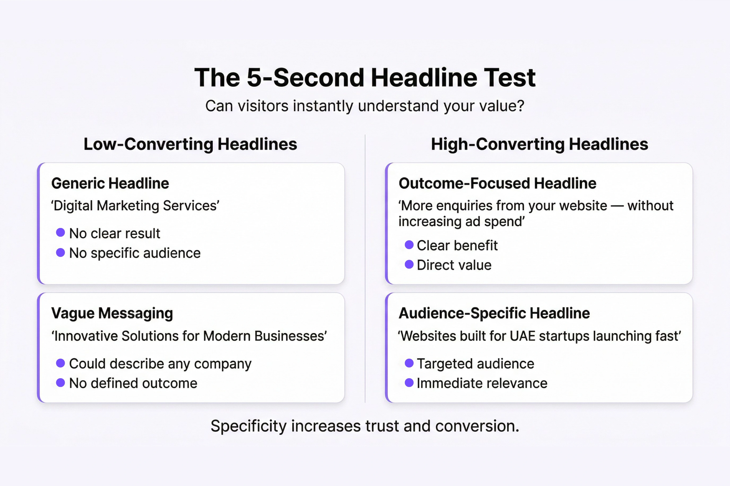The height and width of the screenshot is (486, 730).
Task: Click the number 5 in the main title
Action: [x=254, y=77]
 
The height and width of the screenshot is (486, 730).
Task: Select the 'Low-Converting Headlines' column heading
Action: [x=190, y=144]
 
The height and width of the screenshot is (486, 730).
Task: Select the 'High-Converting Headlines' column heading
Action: [x=540, y=144]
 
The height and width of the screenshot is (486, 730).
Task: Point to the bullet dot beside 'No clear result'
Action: [x=61, y=233]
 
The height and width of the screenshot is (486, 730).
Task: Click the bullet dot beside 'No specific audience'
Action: [x=61, y=252]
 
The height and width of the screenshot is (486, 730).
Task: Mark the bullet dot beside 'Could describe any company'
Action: [x=61, y=363]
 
